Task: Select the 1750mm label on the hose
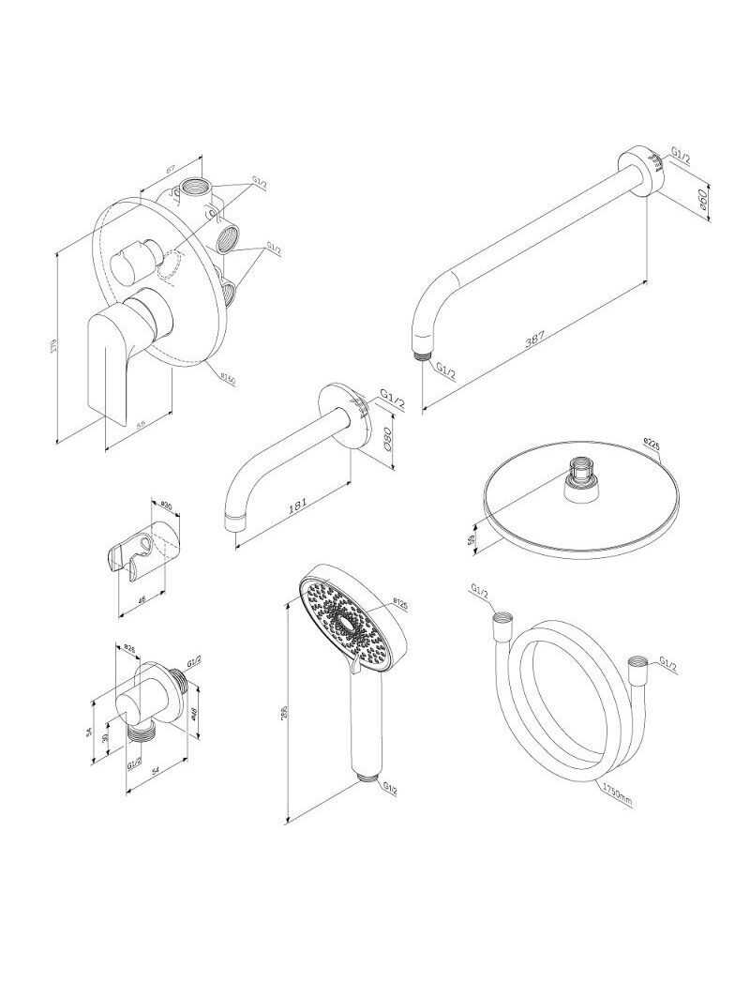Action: (616, 794)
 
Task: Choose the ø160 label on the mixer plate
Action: (227, 379)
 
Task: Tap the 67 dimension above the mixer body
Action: (172, 169)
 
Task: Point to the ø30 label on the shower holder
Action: (164, 502)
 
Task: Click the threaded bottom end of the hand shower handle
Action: (368, 778)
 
